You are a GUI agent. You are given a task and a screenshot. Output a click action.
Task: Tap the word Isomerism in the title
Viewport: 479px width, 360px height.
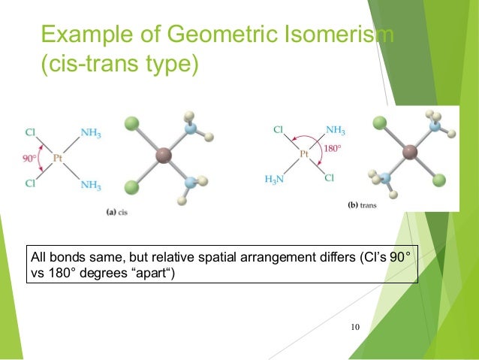[334, 35]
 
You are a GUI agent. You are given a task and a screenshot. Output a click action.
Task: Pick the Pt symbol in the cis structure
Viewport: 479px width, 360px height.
[57, 158]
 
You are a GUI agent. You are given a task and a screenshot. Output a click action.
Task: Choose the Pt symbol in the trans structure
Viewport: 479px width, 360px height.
[303, 155]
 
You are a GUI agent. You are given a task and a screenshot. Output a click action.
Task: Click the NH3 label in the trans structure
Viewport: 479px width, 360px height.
[334, 129]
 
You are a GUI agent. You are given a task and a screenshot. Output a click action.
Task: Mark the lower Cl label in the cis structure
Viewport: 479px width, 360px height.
[30, 181]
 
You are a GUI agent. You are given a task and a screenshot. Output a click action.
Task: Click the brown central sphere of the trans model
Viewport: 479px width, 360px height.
[410, 153]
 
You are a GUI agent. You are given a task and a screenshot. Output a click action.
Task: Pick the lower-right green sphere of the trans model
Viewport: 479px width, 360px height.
[439, 180]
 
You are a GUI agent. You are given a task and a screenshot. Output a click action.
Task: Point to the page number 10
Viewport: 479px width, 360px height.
[355, 326]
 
